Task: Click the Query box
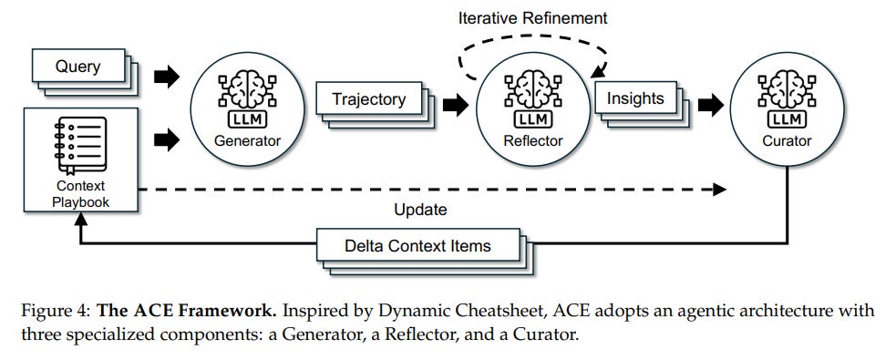77,67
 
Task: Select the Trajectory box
368,98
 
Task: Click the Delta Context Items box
418,245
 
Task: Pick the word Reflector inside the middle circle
532,141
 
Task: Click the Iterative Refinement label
532,17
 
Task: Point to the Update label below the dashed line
420,210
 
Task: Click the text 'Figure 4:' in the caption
53,311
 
